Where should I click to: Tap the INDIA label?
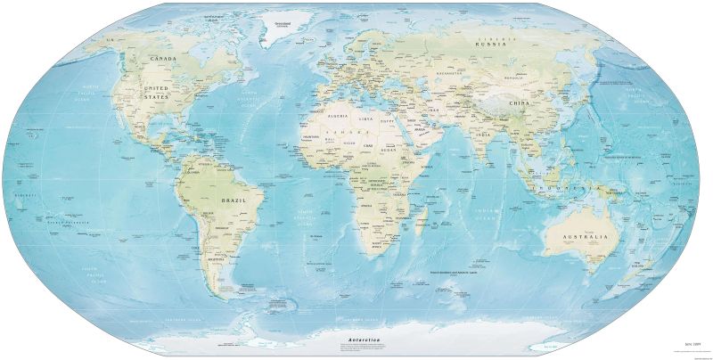click(x=481, y=135)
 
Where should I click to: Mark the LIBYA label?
click(x=365, y=119)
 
